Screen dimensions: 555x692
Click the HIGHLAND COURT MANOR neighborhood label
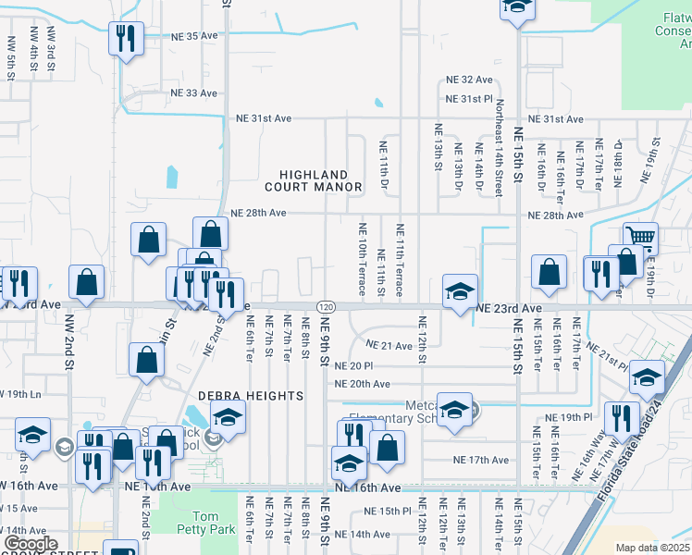tap(313, 180)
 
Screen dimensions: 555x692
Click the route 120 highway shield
tap(325, 306)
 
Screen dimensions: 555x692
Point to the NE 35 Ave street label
tap(194, 36)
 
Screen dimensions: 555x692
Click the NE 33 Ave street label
tap(194, 93)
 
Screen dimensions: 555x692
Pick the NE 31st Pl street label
tap(470, 99)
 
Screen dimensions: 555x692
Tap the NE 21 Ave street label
tap(389, 345)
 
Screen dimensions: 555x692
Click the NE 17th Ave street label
tap(481, 460)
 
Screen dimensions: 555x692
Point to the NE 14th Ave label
tap(363, 534)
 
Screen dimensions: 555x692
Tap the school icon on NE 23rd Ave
tap(460, 291)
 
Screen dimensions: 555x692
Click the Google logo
tap(31, 544)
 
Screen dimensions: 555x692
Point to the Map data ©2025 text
tap(651, 548)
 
